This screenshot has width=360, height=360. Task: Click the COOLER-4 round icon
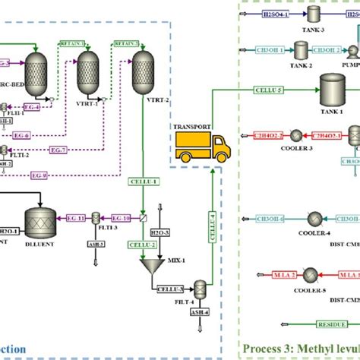pyautogui.click(x=314, y=219)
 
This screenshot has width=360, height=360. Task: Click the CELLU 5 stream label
pyautogui.click(x=270, y=90)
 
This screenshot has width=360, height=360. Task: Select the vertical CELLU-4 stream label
pyautogui.click(x=213, y=225)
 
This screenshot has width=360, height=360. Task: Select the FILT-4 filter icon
pyautogui.click(x=201, y=289)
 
